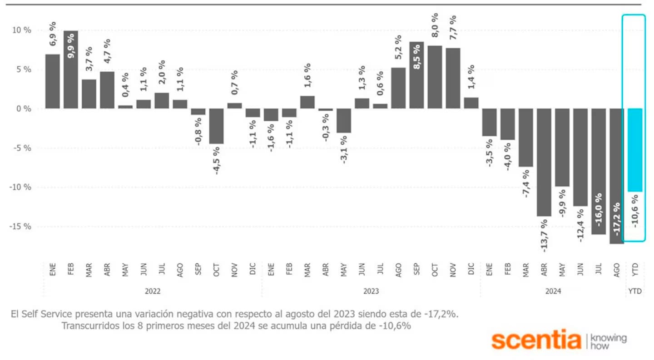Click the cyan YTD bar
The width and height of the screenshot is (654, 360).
634,150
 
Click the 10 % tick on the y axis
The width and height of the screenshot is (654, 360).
21,30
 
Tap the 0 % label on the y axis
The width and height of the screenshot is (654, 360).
24,109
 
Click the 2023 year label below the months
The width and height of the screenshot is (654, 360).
371,291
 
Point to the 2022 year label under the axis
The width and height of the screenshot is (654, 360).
153,291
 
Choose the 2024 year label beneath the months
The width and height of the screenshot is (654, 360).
553,291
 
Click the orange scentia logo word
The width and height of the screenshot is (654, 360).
536,340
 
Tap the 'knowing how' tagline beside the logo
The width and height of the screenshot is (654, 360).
609,342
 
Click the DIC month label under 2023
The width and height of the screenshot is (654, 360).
471,270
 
